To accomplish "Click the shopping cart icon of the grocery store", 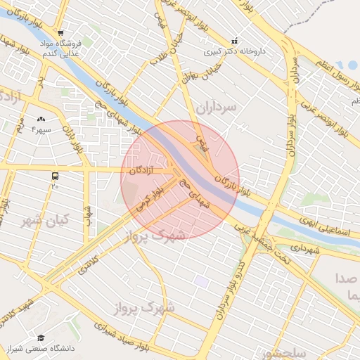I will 61,32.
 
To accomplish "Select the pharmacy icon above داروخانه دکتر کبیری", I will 235,41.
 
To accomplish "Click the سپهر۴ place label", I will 41,129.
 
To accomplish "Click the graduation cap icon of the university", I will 41,338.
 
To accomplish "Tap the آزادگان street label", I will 142,170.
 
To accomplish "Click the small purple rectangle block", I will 202,281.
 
